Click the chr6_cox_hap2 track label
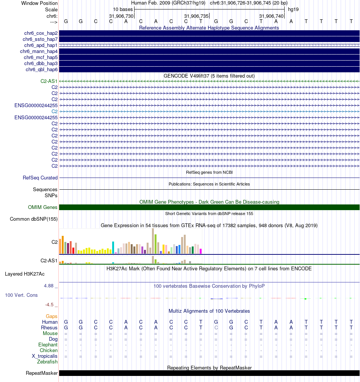[x=40, y=33]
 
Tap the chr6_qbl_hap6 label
[x=42, y=70]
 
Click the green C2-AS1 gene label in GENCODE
[x=49, y=81]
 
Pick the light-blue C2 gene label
[x=55, y=111]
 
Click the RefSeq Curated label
[x=40, y=178]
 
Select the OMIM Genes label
[x=43, y=207]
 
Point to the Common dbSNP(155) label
[x=34, y=219]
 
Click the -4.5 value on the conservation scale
[x=52, y=305]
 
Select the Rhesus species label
[x=49, y=327]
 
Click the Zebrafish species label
[x=47, y=362]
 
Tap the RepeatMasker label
[x=42, y=373]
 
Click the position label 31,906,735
[x=196, y=16]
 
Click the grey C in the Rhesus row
[x=216, y=327]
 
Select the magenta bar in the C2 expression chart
[x=201, y=251]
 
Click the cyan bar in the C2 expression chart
[x=113, y=247]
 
